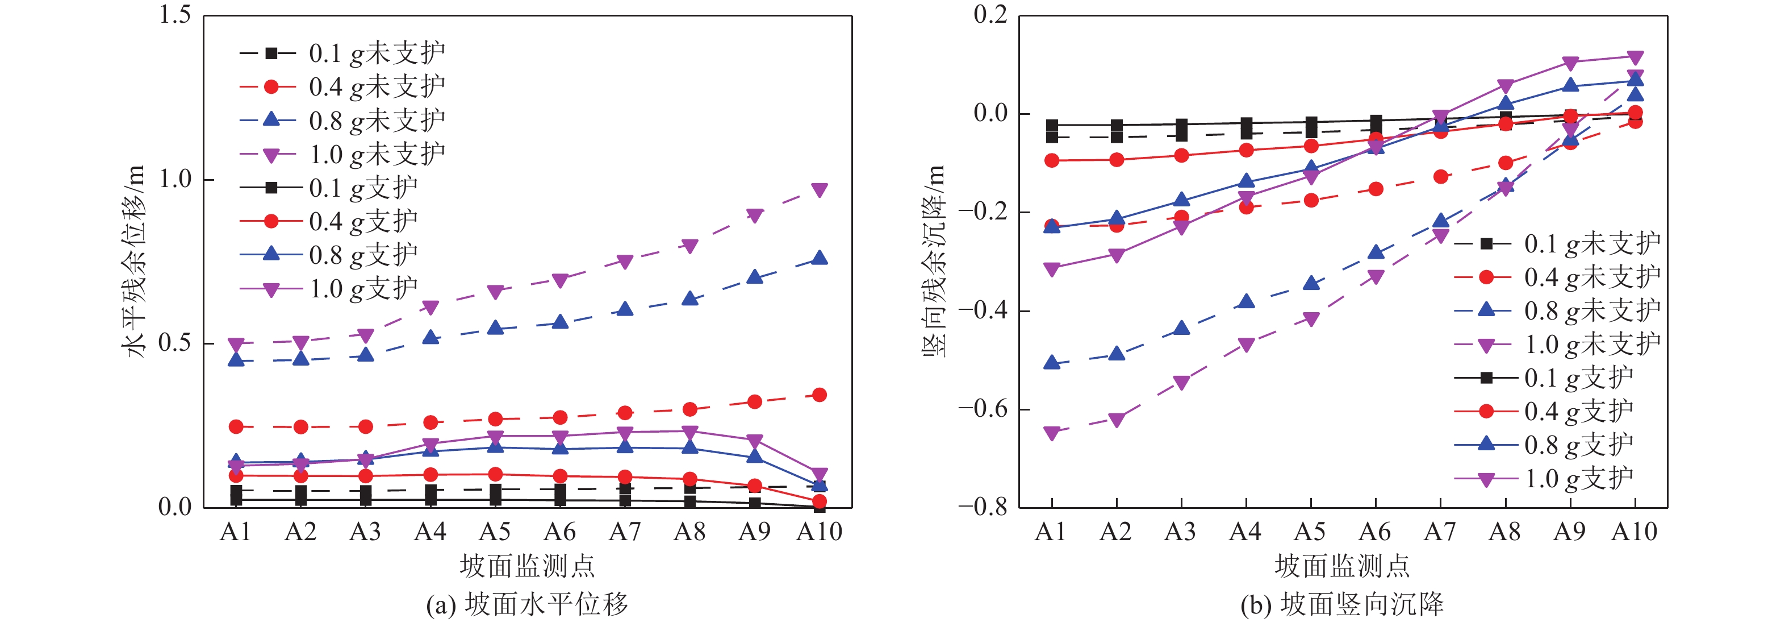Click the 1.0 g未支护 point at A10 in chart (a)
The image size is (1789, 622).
(820, 190)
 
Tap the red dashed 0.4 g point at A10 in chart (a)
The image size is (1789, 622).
(820, 395)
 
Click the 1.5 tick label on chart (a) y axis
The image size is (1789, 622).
(175, 15)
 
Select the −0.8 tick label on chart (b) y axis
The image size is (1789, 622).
(982, 507)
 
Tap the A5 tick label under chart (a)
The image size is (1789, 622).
(495, 532)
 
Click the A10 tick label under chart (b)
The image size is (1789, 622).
(1634, 532)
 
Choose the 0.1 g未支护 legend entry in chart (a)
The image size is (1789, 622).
(342, 53)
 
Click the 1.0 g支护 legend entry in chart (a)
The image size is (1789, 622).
(328, 288)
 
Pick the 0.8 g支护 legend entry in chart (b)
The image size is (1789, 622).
(1543, 445)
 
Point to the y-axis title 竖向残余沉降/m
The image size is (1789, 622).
(934, 260)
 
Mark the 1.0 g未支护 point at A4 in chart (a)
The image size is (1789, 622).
(430, 307)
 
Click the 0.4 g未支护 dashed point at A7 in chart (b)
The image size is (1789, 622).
(1440, 176)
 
